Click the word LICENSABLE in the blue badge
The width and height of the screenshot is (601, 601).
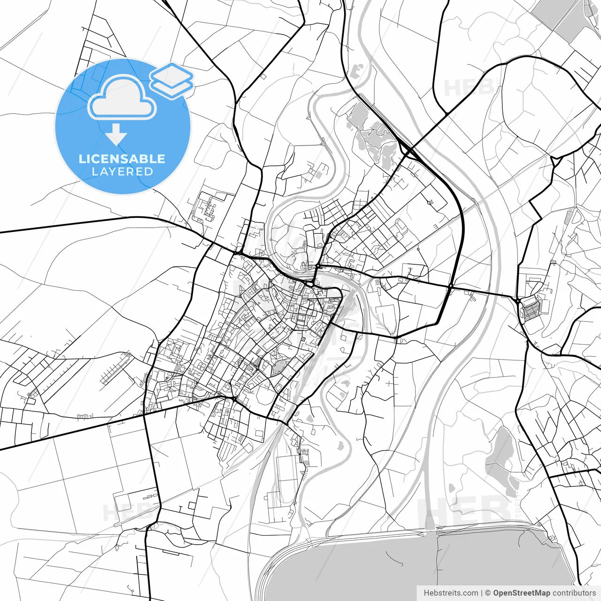(122, 159)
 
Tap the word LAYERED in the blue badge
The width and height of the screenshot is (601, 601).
(122, 172)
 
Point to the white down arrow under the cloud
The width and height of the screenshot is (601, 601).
(116, 135)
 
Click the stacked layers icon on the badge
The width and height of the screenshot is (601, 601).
(172, 80)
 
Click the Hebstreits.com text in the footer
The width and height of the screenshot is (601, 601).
(451, 593)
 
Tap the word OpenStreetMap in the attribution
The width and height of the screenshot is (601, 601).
(522, 593)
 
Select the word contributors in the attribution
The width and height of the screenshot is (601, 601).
(574, 593)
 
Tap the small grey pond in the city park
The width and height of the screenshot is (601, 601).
(278, 367)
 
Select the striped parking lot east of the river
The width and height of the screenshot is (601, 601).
(532, 310)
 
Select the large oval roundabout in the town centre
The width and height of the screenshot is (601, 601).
(310, 284)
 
